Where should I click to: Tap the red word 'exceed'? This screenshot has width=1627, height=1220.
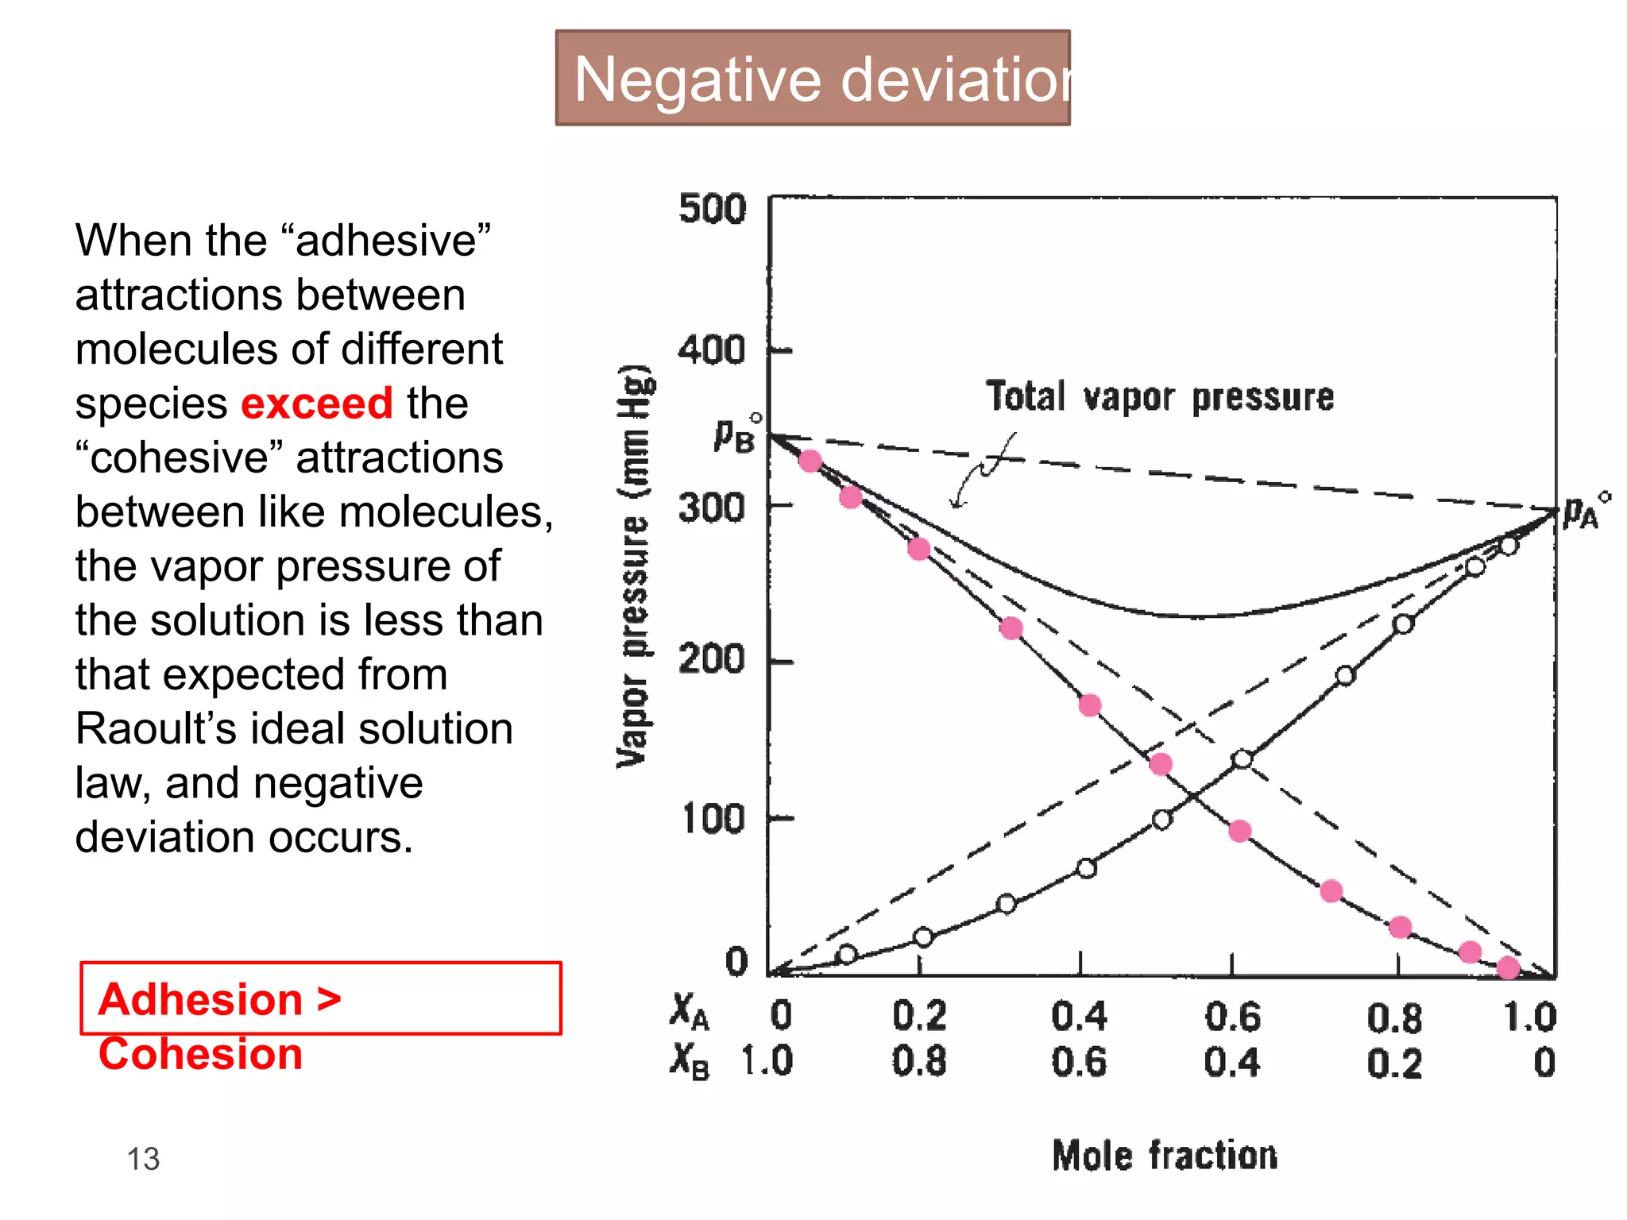coord(316,403)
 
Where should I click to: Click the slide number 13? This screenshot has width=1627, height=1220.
coord(144,1159)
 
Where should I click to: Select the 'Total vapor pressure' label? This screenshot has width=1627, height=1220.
coord(1160,396)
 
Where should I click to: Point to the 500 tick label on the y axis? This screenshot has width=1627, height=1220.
coord(713,210)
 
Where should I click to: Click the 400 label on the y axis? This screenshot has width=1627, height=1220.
coord(713,350)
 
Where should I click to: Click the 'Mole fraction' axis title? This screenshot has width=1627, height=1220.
coord(1165,1156)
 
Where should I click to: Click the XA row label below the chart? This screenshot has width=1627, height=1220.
coord(689,1013)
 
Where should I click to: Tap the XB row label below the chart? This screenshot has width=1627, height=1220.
coord(689,1060)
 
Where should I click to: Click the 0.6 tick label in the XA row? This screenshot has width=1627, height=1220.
coord(1232,1017)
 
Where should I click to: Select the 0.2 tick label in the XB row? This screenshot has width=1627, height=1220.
coord(1394,1063)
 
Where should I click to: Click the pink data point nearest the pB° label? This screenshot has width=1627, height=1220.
coord(810,461)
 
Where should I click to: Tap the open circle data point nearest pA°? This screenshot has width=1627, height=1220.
coord(1509,546)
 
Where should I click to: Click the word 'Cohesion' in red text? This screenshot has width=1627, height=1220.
coord(200,1054)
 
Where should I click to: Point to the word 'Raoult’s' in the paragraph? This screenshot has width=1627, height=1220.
coord(156,728)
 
